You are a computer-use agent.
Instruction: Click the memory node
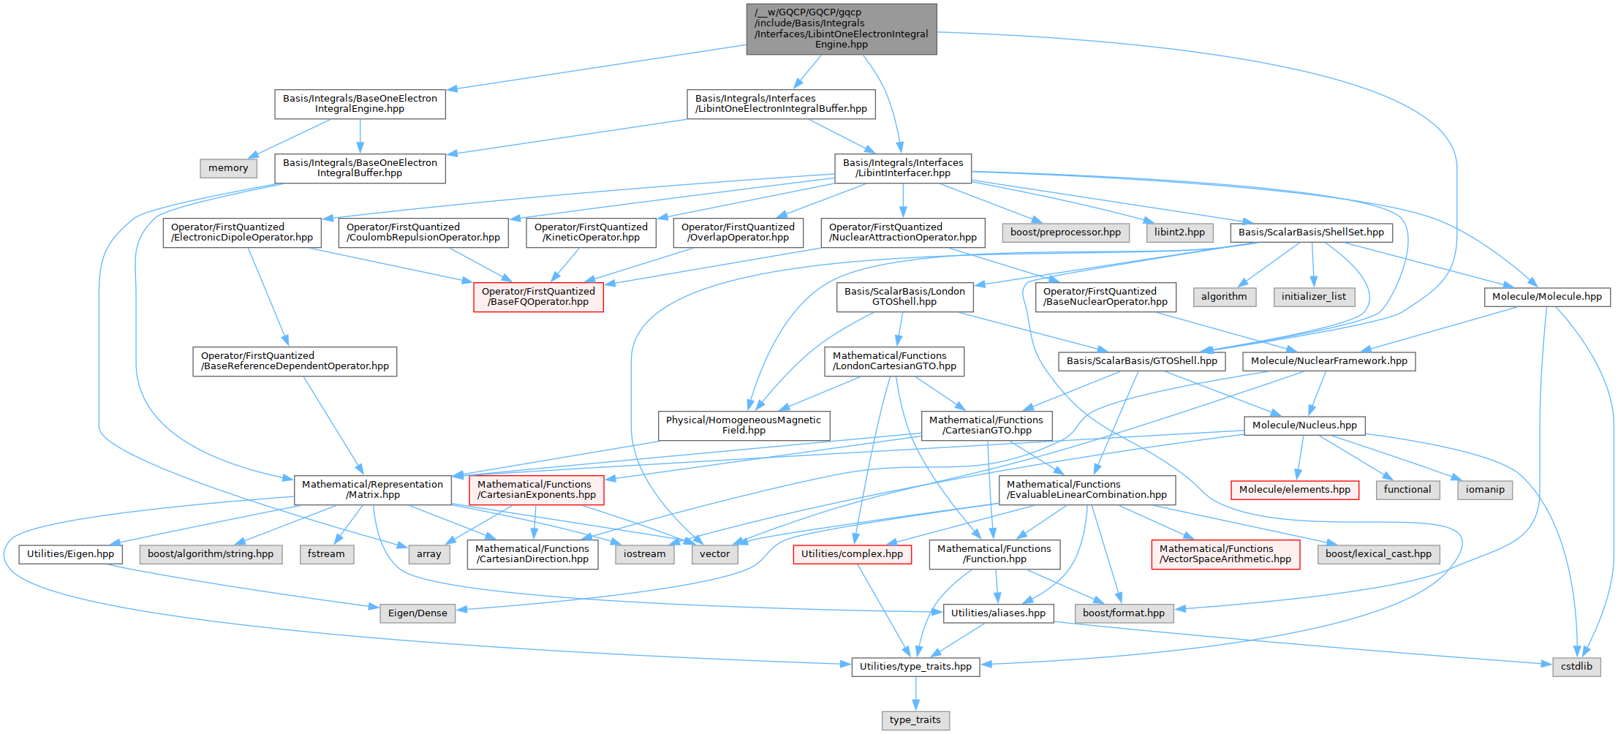point(228,168)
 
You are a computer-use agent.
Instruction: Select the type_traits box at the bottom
point(915,720)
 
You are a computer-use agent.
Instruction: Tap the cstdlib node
point(1576,667)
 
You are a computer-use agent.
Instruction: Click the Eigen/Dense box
point(417,613)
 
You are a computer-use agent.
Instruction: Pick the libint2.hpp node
point(1179,232)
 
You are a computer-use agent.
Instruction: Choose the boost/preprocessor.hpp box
point(1065,232)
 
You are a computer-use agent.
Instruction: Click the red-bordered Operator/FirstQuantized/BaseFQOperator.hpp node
point(538,297)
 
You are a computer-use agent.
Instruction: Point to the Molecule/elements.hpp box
point(1294,490)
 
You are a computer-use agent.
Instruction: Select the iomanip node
point(1485,490)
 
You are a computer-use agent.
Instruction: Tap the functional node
point(1407,490)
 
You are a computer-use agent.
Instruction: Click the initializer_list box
point(1314,297)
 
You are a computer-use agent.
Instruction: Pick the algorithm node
point(1224,297)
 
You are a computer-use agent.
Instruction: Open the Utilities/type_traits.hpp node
point(915,667)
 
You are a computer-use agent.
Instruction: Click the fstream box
point(326,554)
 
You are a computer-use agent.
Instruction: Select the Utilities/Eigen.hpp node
point(70,554)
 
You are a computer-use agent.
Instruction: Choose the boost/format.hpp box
point(1124,613)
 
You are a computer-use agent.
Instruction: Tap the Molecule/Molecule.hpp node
point(1546,297)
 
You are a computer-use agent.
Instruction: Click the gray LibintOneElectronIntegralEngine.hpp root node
point(842,29)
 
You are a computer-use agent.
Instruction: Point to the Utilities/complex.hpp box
point(852,554)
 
